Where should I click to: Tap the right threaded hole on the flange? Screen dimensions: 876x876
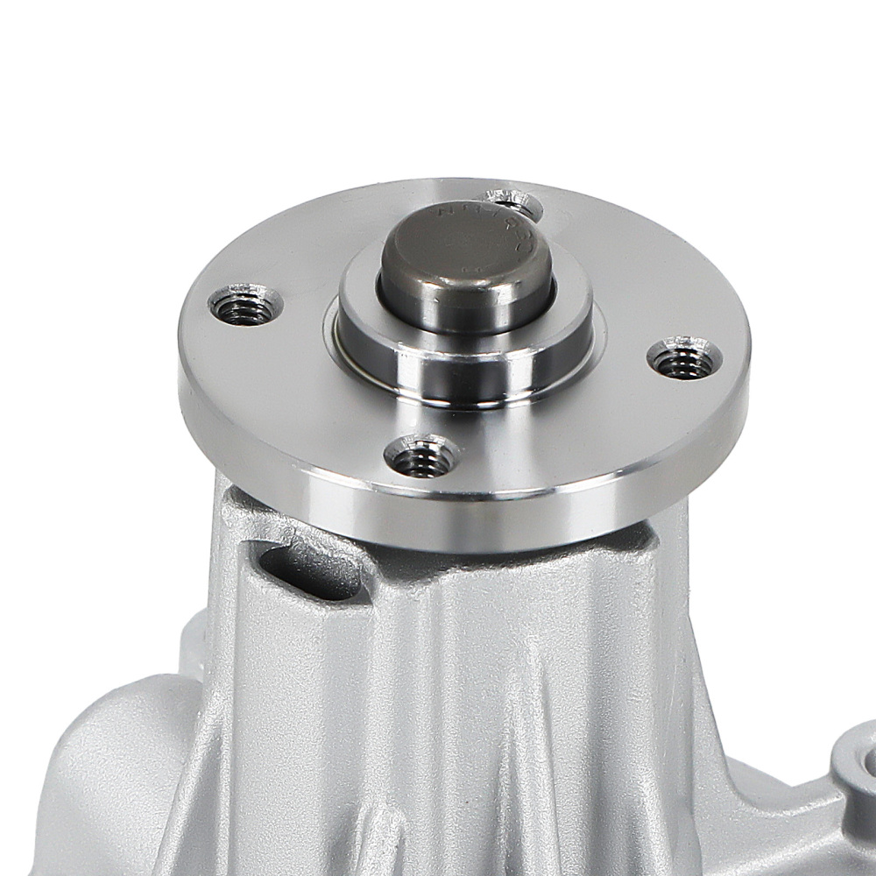[684, 360]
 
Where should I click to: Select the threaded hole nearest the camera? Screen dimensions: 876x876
[421, 457]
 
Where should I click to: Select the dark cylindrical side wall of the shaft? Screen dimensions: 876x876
[464, 302]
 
